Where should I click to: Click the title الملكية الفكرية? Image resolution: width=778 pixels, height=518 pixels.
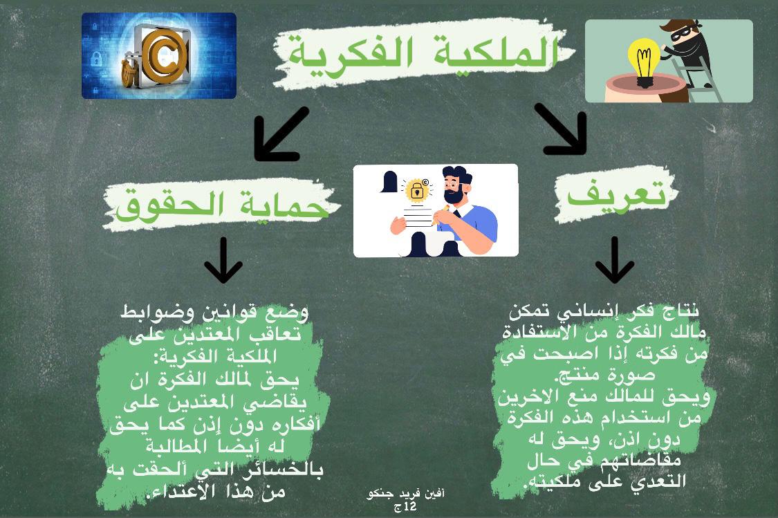pos(423,53)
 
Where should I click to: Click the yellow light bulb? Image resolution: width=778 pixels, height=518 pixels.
pos(644,62)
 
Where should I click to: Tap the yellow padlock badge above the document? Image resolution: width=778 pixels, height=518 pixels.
pos(417,190)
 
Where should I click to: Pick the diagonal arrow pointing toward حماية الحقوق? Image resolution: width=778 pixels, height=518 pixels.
pos(280,134)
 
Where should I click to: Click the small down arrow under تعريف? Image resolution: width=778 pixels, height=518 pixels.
pos(614,260)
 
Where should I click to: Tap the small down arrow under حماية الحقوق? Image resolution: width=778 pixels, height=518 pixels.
pos(223,260)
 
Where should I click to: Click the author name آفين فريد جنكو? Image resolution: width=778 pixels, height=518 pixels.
pos(405,494)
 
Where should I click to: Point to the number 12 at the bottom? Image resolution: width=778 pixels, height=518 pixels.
pos(410,506)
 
